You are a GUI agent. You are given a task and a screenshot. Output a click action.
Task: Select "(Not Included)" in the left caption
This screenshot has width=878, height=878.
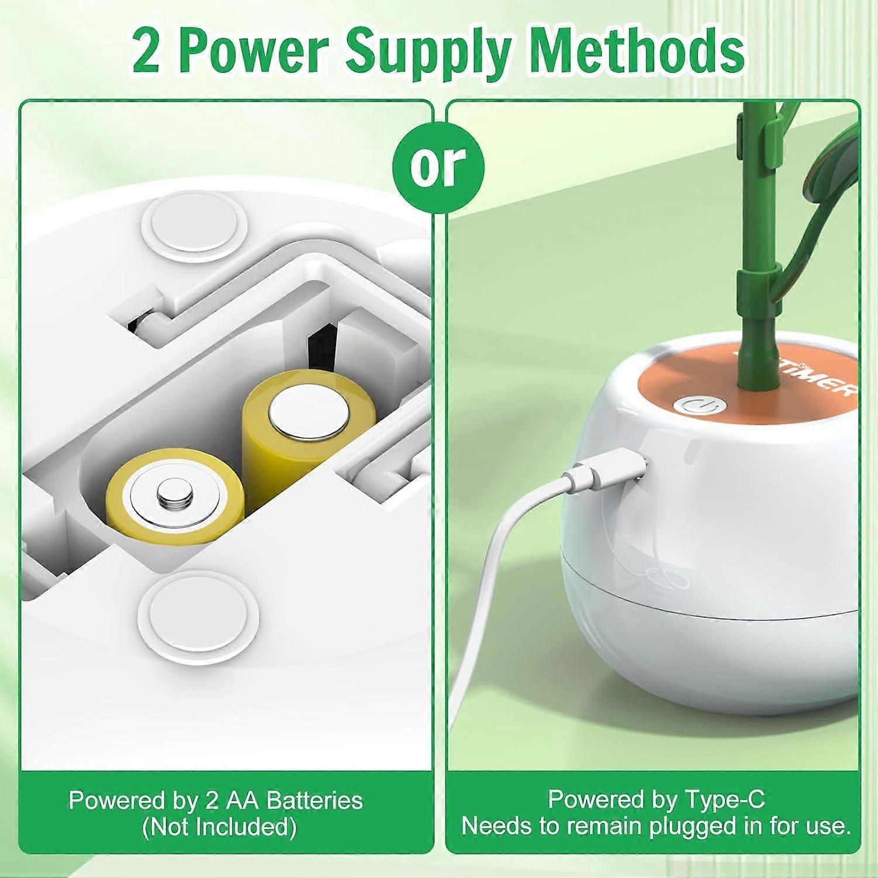[219, 827]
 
